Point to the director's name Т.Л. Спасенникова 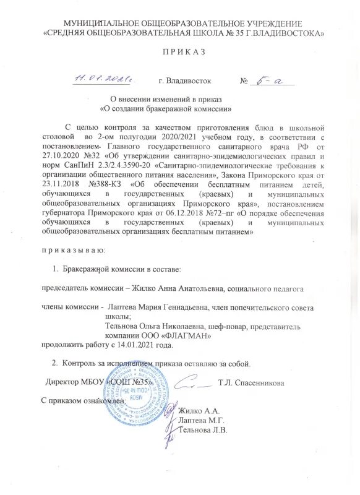[251, 383]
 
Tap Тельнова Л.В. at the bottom [203, 429]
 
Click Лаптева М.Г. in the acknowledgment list [201, 420]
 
